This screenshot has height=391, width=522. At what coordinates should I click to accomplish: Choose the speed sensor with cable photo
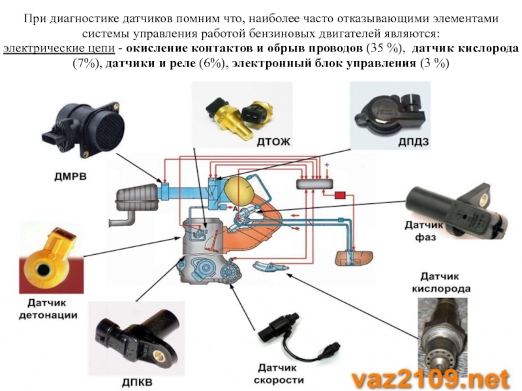287,332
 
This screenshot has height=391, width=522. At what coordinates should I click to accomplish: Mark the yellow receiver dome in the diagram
238,188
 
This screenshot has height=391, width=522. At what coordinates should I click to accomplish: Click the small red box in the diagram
340,195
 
